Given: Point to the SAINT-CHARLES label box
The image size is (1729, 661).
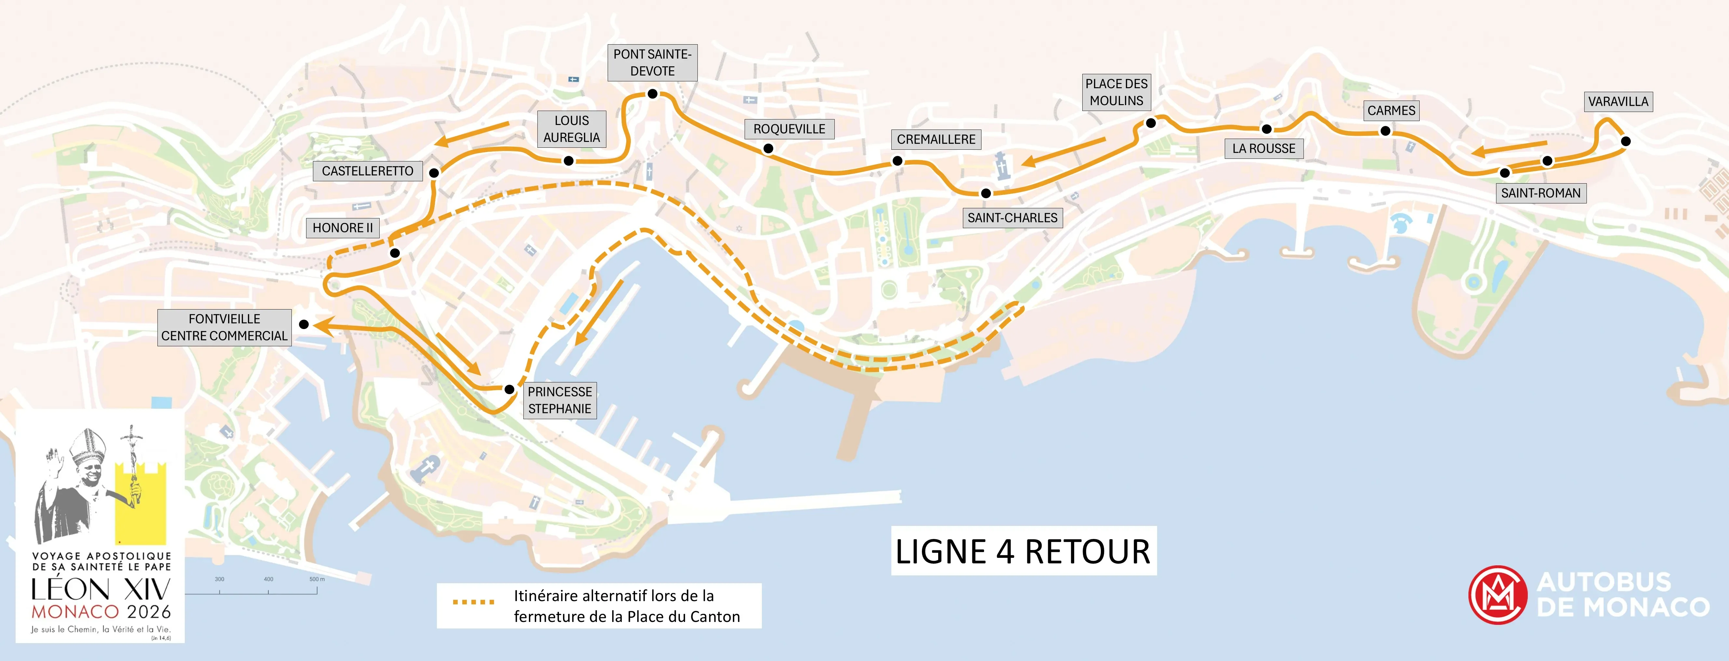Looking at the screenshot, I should tap(1012, 218).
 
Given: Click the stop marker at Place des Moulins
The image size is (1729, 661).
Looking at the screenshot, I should tap(1150, 123).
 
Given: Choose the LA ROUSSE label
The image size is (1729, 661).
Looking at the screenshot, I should tap(1264, 148).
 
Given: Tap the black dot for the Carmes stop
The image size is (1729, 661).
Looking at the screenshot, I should tap(1385, 131).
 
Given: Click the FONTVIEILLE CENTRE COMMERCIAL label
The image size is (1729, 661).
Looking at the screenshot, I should tap(224, 327).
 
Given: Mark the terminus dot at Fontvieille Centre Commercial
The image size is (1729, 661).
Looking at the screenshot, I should tap(304, 324).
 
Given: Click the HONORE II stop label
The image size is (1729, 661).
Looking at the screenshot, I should tap(342, 228).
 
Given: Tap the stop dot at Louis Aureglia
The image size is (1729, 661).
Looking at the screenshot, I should tap(569, 160).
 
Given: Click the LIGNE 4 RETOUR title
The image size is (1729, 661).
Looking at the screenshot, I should tap(1023, 552).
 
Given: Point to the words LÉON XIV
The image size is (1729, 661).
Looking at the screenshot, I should tap(101, 590).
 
